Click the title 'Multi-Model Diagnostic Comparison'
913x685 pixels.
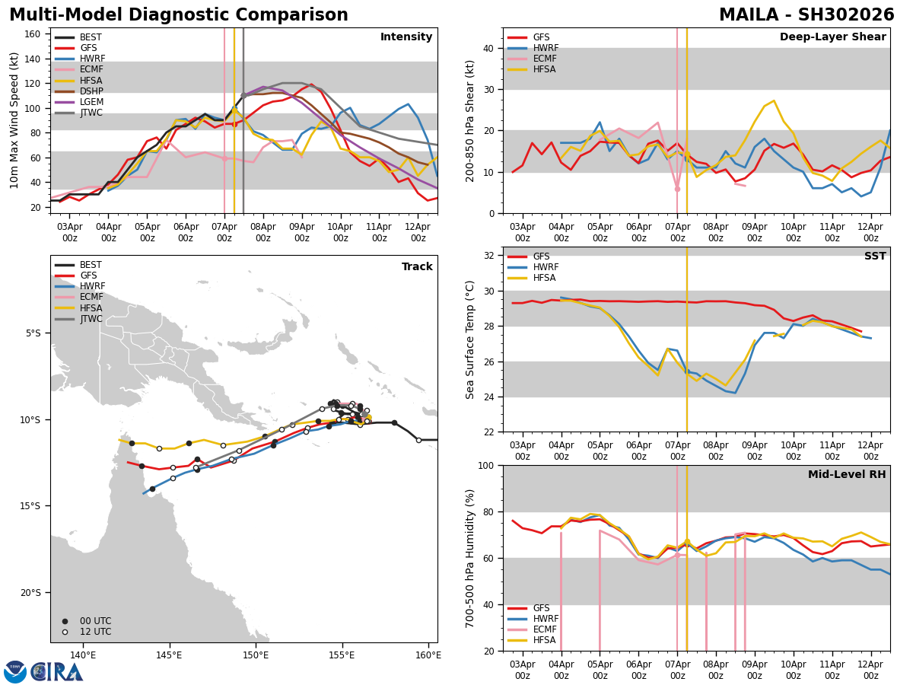click(179, 15)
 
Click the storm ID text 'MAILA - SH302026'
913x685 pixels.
click(806, 15)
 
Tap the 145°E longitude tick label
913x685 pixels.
click(170, 655)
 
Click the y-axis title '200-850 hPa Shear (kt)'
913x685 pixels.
click(470, 120)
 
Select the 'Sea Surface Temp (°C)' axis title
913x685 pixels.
click(470, 339)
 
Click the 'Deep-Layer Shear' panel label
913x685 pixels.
click(832, 37)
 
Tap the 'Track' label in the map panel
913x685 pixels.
click(417, 267)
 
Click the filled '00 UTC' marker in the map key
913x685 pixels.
click(65, 621)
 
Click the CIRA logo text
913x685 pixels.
click(56, 672)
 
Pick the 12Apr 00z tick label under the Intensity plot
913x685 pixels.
click(418, 232)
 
